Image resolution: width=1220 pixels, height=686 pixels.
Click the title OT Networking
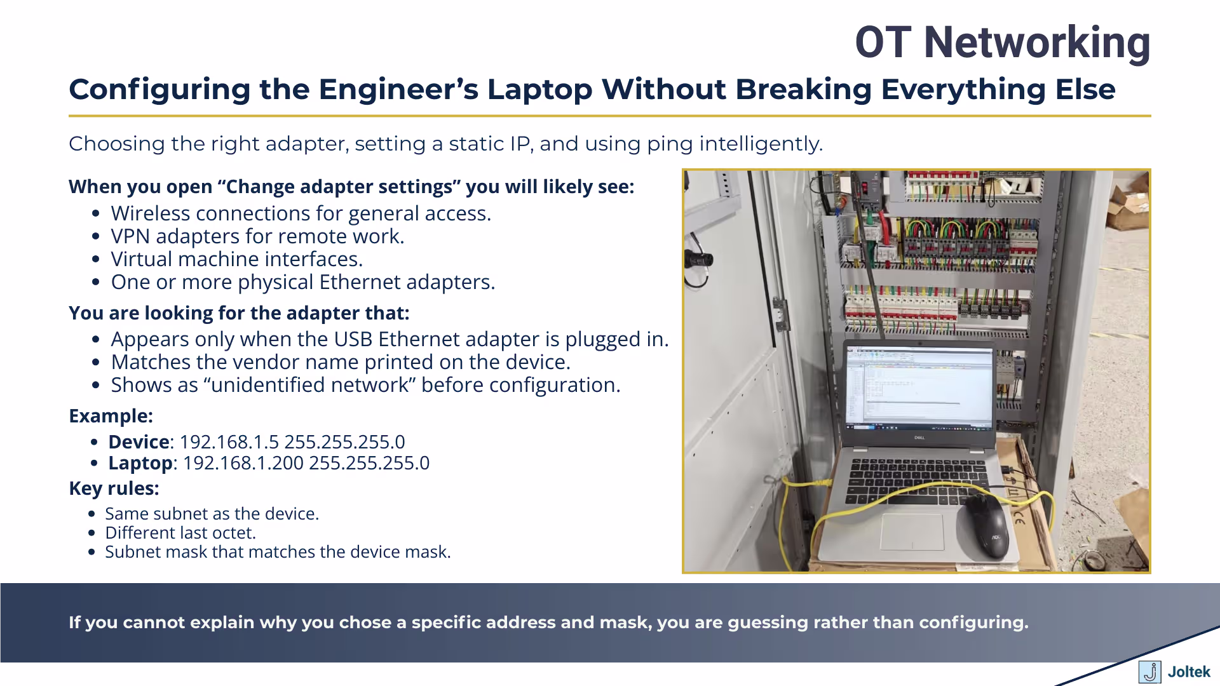click(1002, 43)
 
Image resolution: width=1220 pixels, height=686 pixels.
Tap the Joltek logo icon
click(1149, 671)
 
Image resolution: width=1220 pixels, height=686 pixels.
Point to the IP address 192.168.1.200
click(243, 463)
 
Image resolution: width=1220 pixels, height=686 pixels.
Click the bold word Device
click(139, 442)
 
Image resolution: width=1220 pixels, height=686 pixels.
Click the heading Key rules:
click(114, 488)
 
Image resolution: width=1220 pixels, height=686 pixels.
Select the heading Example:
click(111, 416)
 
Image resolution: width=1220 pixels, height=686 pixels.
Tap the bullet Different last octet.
click(180, 533)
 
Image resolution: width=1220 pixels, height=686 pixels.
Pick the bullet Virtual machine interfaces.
click(236, 259)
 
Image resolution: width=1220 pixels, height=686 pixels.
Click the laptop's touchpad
click(912, 532)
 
